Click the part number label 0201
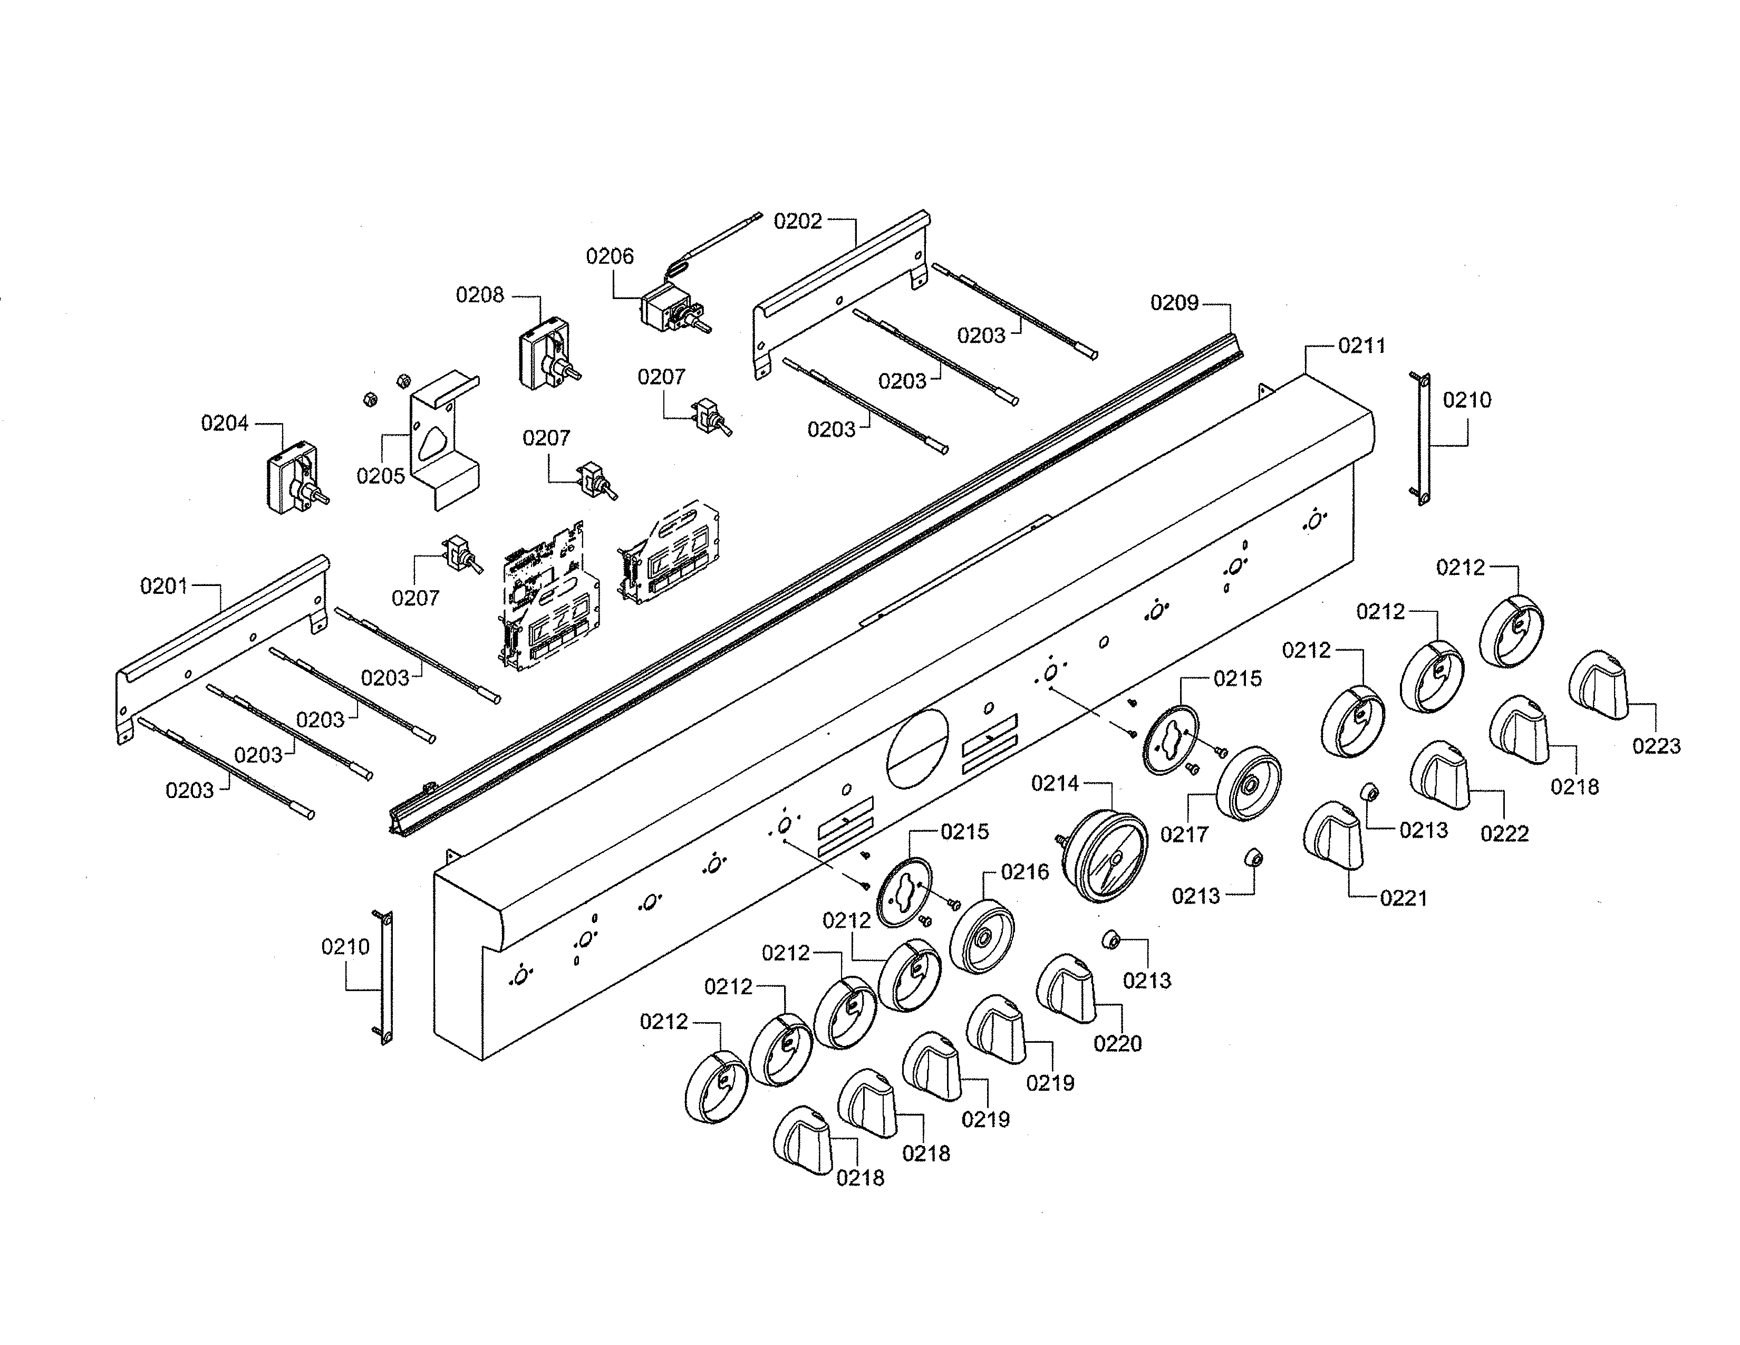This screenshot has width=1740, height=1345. (x=164, y=587)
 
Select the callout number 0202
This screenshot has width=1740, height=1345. (x=797, y=222)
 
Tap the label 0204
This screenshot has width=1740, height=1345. (x=225, y=423)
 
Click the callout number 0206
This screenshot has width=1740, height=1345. (x=610, y=256)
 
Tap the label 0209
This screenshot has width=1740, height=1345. (x=1174, y=303)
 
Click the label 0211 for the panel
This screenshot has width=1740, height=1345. (x=1361, y=346)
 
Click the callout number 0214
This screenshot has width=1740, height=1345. (x=1055, y=784)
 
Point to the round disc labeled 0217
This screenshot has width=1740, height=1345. (x=1249, y=784)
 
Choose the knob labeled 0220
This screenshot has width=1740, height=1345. (x=1066, y=989)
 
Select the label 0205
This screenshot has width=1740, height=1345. (x=380, y=476)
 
